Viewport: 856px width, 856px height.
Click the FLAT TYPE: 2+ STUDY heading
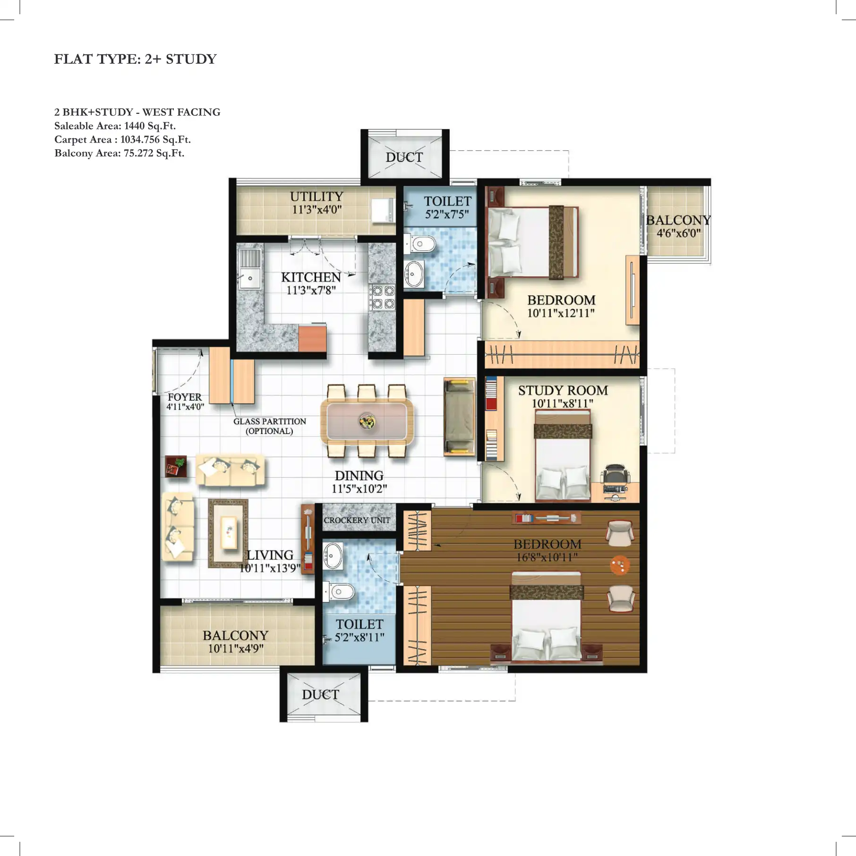tap(135, 59)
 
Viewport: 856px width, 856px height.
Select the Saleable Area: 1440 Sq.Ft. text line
tap(115, 126)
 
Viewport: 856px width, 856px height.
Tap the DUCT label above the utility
tap(404, 157)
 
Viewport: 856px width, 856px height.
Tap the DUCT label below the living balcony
tap(320, 694)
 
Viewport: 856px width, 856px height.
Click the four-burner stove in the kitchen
tap(382, 297)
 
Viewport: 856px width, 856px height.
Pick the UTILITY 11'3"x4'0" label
tap(317, 203)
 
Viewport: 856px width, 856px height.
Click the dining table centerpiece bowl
tap(367, 421)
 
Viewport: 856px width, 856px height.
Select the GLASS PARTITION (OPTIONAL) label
tap(269, 426)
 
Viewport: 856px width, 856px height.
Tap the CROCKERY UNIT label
tap(357, 520)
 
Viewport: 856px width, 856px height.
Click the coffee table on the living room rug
tap(229, 532)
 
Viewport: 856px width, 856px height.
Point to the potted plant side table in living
tap(176, 467)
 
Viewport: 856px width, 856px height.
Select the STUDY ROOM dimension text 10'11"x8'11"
tap(562, 403)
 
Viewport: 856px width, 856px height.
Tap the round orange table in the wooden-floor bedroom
tap(620, 565)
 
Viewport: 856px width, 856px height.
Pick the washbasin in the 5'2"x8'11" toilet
tap(333, 556)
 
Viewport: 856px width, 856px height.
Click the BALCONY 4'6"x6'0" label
tap(678, 226)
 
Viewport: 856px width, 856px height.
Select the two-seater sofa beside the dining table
tap(459, 417)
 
